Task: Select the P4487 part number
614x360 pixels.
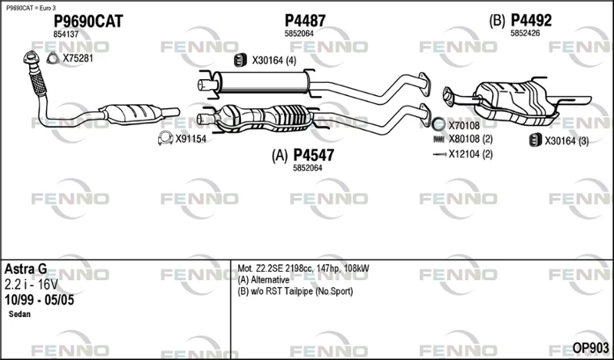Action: [x=305, y=21]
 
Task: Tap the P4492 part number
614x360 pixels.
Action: [x=532, y=21]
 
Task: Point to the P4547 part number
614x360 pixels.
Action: [x=313, y=156]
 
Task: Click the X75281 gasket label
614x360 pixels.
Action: [x=78, y=58]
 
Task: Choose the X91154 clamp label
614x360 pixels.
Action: [x=190, y=139]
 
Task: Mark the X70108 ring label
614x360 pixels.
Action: [x=464, y=125]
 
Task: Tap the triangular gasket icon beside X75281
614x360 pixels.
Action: [x=52, y=58]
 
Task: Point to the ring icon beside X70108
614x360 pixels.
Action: [x=438, y=125]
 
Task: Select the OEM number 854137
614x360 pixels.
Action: [x=66, y=35]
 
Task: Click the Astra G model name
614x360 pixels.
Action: [x=26, y=269]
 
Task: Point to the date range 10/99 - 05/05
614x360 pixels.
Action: [x=39, y=299]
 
